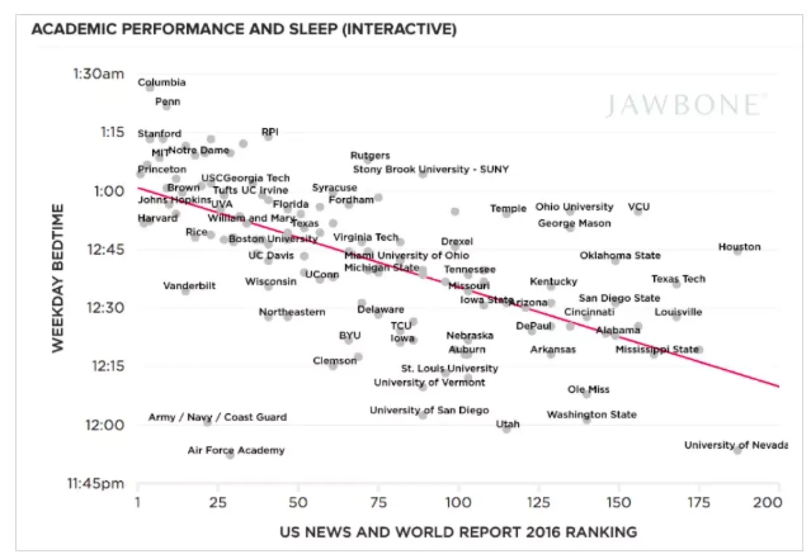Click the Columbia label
pyautogui.click(x=162, y=82)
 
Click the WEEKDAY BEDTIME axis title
pyautogui.click(x=58, y=278)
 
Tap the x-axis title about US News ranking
pyautogui.click(x=458, y=532)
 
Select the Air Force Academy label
pyautogui.click(x=236, y=451)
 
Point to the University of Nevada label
pyautogui.click(x=735, y=445)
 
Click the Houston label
pyautogui.click(x=739, y=247)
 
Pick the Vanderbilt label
pyautogui.click(x=189, y=286)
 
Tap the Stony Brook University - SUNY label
pyautogui.click(x=430, y=169)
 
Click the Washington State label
pyautogui.click(x=591, y=415)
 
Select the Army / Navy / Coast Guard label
pyautogui.click(x=217, y=417)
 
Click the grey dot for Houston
pyautogui.click(x=737, y=252)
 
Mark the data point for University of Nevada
pyautogui.click(x=737, y=449)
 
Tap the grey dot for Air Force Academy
pyautogui.click(x=230, y=454)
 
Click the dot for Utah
pyautogui.click(x=506, y=429)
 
